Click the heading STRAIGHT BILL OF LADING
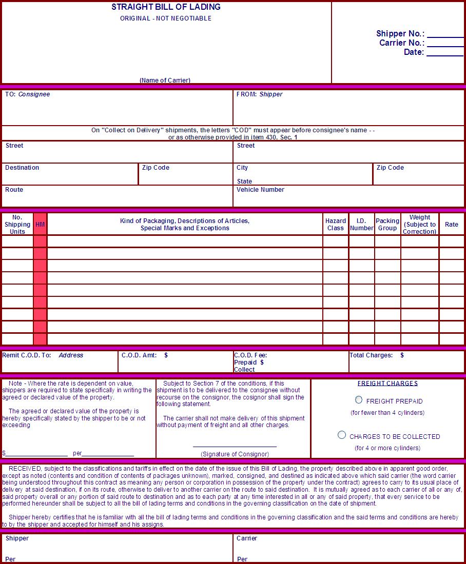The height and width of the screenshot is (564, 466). pyautogui.click(x=166, y=7)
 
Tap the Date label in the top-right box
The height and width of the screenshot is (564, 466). pyautogui.click(x=414, y=52)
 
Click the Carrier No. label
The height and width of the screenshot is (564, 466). pyautogui.click(x=401, y=43)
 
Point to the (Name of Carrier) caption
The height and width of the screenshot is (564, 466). pyautogui.click(x=165, y=80)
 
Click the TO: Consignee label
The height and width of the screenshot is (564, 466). pyautogui.click(x=27, y=94)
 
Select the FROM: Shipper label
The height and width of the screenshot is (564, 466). pyautogui.click(x=259, y=94)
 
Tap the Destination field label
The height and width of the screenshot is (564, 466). pyautogui.click(x=22, y=168)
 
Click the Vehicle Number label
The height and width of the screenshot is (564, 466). pyautogui.click(x=260, y=190)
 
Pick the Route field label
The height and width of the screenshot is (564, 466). pyautogui.click(x=14, y=190)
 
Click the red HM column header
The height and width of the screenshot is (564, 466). pyautogui.click(x=40, y=225)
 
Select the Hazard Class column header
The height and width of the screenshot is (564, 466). pyautogui.click(x=336, y=225)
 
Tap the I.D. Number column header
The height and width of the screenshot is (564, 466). pyautogui.click(x=361, y=225)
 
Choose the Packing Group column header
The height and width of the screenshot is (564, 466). pyautogui.click(x=387, y=225)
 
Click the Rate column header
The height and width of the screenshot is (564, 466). pyautogui.click(x=452, y=225)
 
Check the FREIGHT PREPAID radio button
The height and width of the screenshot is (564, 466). pyautogui.click(x=359, y=400)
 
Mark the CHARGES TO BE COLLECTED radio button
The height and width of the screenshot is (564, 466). pyautogui.click(x=342, y=435)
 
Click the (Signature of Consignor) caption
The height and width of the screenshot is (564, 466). pyautogui.click(x=235, y=454)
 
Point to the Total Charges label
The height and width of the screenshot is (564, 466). pyautogui.click(x=371, y=355)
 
